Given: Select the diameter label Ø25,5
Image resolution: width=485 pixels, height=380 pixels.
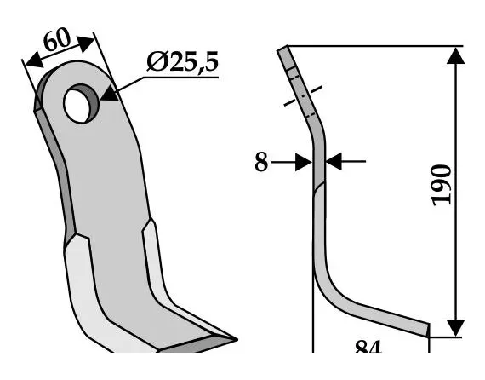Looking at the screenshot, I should click(182, 61).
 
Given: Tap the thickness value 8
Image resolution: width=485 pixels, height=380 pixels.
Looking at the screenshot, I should click(261, 162).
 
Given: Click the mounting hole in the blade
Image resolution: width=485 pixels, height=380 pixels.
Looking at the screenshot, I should click(79, 102).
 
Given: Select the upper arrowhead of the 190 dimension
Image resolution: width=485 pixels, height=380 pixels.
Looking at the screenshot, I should click(456, 55).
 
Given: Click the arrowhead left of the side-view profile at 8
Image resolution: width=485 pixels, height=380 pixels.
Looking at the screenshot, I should click(303, 162).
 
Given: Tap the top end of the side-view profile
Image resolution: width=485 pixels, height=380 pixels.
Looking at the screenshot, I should click(283, 50).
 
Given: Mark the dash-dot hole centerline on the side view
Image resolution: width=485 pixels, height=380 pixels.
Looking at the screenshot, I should click(301, 93).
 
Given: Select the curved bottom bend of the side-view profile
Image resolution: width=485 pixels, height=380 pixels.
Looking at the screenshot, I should click(332, 290).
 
